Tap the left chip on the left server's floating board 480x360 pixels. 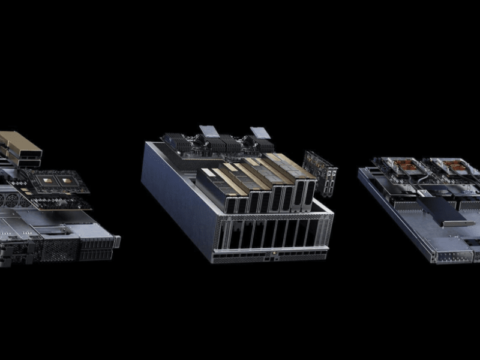pyautogui.click(x=44, y=179)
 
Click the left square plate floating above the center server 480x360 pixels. pyautogui.click(x=209, y=131)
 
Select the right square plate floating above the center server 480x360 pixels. pyautogui.click(x=260, y=133)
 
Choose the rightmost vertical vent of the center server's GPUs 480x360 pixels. pyautogui.click(x=309, y=192)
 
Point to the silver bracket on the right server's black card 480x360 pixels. pyautogui.click(x=458, y=223)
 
